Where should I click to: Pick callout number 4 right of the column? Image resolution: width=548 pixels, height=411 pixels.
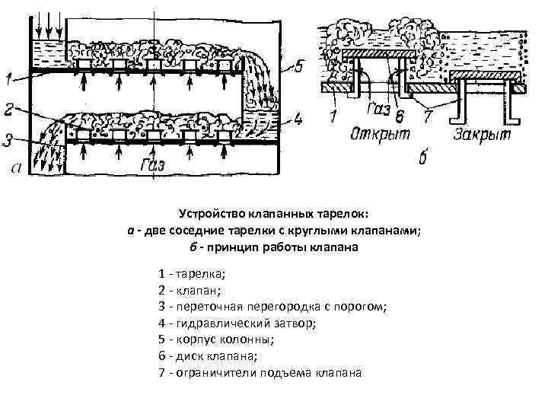[298, 118]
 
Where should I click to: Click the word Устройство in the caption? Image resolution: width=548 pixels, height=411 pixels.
[209, 215]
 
